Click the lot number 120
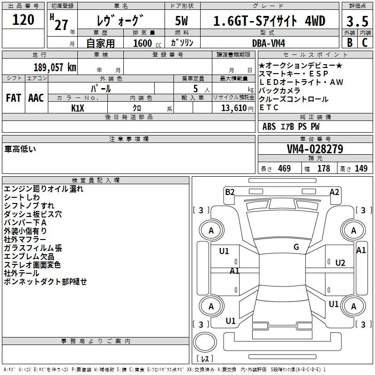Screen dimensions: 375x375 [x=23, y=20]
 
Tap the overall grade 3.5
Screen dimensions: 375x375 [x=357, y=21]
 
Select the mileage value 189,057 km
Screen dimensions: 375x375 [x=55, y=67]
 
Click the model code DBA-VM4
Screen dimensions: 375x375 [x=269, y=43]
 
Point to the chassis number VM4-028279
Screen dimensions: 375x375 [x=315, y=149]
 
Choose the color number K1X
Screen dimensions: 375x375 [x=78, y=108]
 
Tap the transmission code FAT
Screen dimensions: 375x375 [x=14, y=98]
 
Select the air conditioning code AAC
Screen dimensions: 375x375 [x=36, y=98]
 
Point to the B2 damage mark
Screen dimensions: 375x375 [x=230, y=192]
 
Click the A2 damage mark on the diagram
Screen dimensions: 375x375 [x=334, y=192]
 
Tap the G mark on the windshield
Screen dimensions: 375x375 [x=296, y=247]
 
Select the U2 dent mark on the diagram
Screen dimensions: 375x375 [x=340, y=263]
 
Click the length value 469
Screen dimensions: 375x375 [x=285, y=168]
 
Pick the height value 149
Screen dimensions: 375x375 [x=361, y=168]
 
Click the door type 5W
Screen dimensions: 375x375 [x=181, y=21]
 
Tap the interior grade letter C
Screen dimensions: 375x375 [x=365, y=43]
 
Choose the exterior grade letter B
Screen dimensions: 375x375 [x=350, y=43]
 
